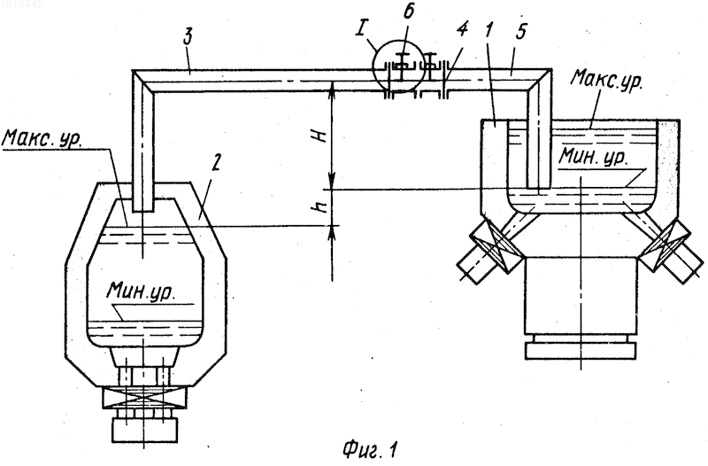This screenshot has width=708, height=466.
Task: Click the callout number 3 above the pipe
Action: pyautogui.click(x=189, y=37)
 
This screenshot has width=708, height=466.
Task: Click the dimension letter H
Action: pyautogui.click(x=320, y=135)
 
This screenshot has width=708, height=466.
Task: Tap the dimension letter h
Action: pyautogui.click(x=321, y=207)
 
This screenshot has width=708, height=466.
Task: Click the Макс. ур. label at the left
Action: pyautogui.click(x=42, y=139)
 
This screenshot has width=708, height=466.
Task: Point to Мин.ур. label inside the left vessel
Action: pyautogui.click(x=141, y=291)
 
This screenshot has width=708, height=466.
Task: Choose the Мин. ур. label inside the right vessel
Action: pyautogui.click(x=592, y=157)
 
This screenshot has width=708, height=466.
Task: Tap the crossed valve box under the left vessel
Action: pyautogui.click(x=143, y=399)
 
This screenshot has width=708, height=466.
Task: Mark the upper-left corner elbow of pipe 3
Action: pyautogui.click(x=143, y=82)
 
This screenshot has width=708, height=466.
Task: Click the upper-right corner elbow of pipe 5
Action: pyautogui.click(x=540, y=81)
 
